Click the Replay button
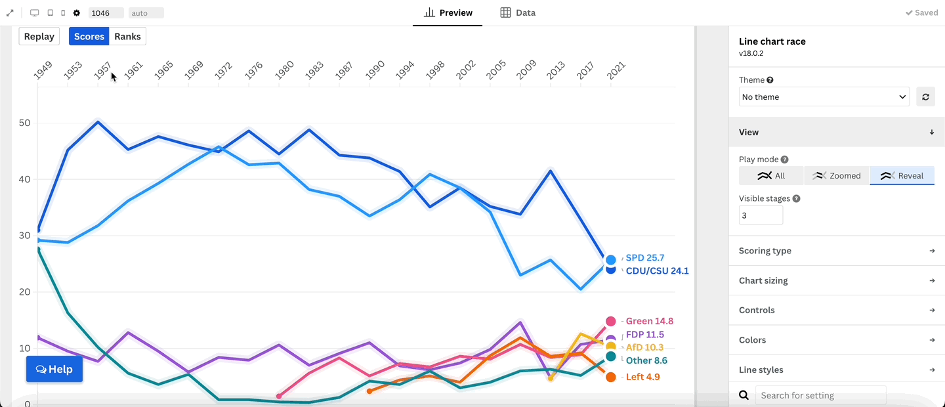click(x=39, y=37)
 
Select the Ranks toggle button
click(x=127, y=37)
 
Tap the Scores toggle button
click(x=89, y=37)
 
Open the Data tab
click(x=518, y=12)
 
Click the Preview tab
click(x=448, y=12)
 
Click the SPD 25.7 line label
click(x=645, y=258)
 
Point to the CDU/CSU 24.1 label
click(x=657, y=270)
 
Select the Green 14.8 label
click(x=649, y=321)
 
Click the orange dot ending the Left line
click(x=611, y=377)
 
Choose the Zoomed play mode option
click(x=837, y=176)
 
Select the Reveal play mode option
click(x=902, y=176)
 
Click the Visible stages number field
click(x=761, y=215)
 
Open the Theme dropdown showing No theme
click(x=824, y=97)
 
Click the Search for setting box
click(x=820, y=395)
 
